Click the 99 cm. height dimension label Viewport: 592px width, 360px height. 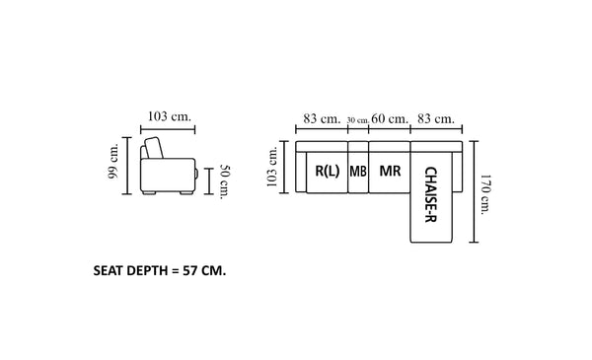pyautogui.click(x=113, y=161)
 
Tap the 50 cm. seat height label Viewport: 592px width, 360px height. pyautogui.click(x=225, y=181)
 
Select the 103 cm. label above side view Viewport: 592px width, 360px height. pyautogui.click(x=170, y=116)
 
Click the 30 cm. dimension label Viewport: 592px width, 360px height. pyautogui.click(x=358, y=120)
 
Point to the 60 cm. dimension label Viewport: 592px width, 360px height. pyautogui.click(x=390, y=119)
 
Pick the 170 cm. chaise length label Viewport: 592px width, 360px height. pyautogui.click(x=485, y=194)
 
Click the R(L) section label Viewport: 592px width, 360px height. pyautogui.click(x=328, y=172)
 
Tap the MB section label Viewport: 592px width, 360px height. pyautogui.click(x=358, y=172)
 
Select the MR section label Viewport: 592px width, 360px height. pyautogui.click(x=390, y=171)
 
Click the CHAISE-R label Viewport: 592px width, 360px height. pyautogui.click(x=431, y=194)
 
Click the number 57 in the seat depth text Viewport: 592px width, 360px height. pyautogui.click(x=189, y=270)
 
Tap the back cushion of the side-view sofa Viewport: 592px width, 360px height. pyautogui.click(x=155, y=148)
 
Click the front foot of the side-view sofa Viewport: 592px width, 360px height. pyautogui.click(x=186, y=192)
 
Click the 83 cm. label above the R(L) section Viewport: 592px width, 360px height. pyautogui.click(x=322, y=119)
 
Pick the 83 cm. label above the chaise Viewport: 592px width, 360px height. pyautogui.click(x=436, y=119)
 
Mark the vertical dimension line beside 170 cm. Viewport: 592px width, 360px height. pyautogui.click(x=474, y=191)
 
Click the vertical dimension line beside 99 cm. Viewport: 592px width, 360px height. pyautogui.click(x=127, y=166)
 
